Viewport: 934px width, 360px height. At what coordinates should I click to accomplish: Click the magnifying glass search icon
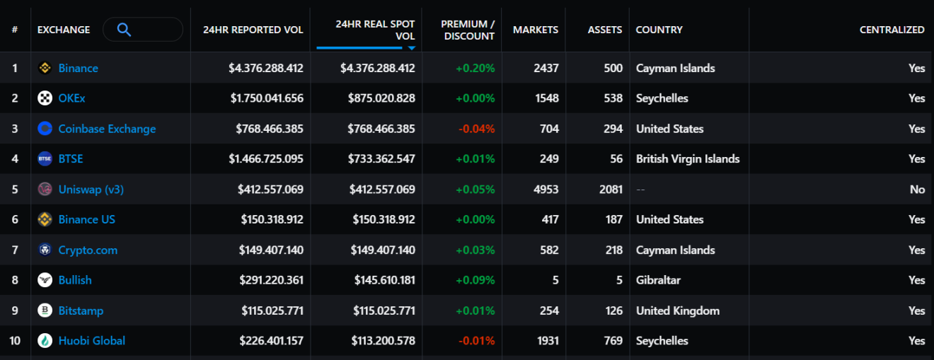124,30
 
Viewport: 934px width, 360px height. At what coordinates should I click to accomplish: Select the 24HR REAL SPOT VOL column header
375,30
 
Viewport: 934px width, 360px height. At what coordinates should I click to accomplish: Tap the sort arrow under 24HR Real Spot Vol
411,48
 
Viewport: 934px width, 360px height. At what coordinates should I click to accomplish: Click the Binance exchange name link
78,68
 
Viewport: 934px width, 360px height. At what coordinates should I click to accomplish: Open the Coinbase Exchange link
107,129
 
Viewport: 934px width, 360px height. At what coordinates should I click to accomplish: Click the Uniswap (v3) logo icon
45,190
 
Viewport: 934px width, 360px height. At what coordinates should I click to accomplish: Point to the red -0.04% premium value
476,129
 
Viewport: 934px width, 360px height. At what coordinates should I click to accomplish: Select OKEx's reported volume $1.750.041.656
266,98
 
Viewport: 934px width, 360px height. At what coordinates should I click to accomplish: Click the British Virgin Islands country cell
688,159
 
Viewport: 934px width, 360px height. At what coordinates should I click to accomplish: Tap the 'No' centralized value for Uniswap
917,190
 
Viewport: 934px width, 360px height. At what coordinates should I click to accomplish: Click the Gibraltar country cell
658,280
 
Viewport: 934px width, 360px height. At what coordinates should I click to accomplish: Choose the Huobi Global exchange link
91,341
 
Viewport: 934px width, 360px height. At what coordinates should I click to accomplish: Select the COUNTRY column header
659,30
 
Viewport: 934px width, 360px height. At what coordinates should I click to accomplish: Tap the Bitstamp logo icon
45,310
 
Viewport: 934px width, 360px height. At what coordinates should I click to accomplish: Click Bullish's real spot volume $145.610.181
384,280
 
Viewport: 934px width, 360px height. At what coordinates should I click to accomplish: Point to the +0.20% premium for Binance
475,68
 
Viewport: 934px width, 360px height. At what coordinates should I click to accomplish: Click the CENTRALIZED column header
892,30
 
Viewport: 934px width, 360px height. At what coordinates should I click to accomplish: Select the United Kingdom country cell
677,310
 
